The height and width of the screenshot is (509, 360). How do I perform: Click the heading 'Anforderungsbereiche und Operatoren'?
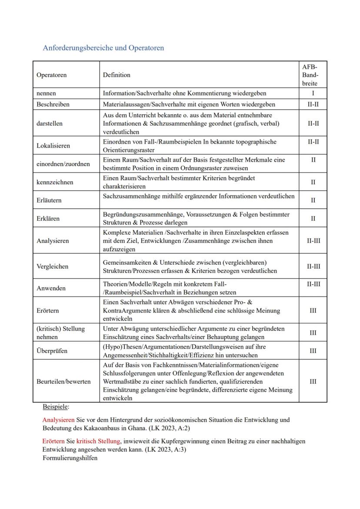click(x=103, y=48)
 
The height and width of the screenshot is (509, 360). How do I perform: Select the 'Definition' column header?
click(x=117, y=75)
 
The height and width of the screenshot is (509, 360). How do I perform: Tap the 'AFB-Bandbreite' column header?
click(x=313, y=75)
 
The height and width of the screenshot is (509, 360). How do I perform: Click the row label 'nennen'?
click(x=46, y=93)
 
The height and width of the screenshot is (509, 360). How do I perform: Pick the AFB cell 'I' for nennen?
click(x=313, y=93)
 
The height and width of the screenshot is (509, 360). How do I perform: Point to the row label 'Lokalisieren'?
click(x=53, y=146)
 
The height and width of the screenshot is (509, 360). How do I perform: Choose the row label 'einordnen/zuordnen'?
click(x=63, y=164)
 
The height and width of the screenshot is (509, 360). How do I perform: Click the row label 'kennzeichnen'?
click(x=55, y=182)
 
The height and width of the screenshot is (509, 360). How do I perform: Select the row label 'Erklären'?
click(x=48, y=219)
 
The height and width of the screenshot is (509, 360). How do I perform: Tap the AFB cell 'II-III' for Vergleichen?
click(x=313, y=266)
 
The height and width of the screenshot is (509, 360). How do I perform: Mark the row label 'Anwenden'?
click(x=51, y=288)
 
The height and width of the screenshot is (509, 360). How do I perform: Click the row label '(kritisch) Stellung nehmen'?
click(x=60, y=333)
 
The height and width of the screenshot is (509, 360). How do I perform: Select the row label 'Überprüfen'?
click(x=52, y=351)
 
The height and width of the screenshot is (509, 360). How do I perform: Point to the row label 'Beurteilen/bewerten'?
click(x=63, y=381)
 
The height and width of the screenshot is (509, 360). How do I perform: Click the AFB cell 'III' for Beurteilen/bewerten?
click(x=313, y=381)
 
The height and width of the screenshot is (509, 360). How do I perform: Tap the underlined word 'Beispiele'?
click(x=55, y=407)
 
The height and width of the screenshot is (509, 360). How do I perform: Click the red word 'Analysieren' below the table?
click(x=58, y=420)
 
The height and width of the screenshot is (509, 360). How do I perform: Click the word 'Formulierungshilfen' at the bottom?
click(x=70, y=458)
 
